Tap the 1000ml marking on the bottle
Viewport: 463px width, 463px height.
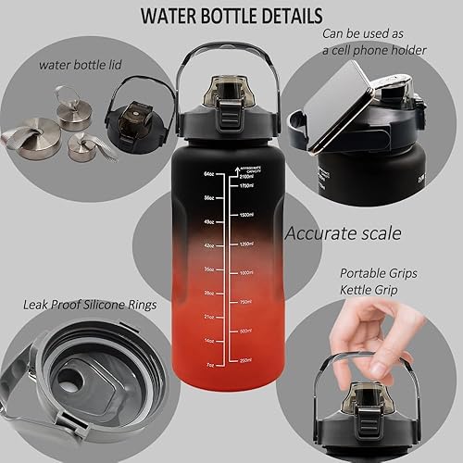(245, 273)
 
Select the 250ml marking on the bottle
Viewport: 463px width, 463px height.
(245, 359)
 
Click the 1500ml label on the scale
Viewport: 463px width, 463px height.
(245, 215)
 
